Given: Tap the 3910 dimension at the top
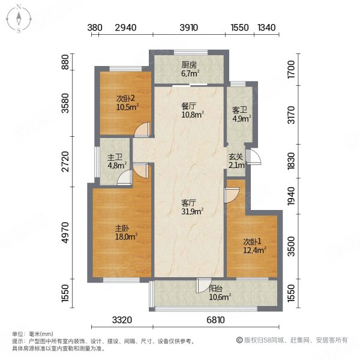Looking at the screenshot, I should click(189, 28).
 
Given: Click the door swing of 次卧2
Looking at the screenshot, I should click(142, 128).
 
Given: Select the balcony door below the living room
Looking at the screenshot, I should click(205, 286).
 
